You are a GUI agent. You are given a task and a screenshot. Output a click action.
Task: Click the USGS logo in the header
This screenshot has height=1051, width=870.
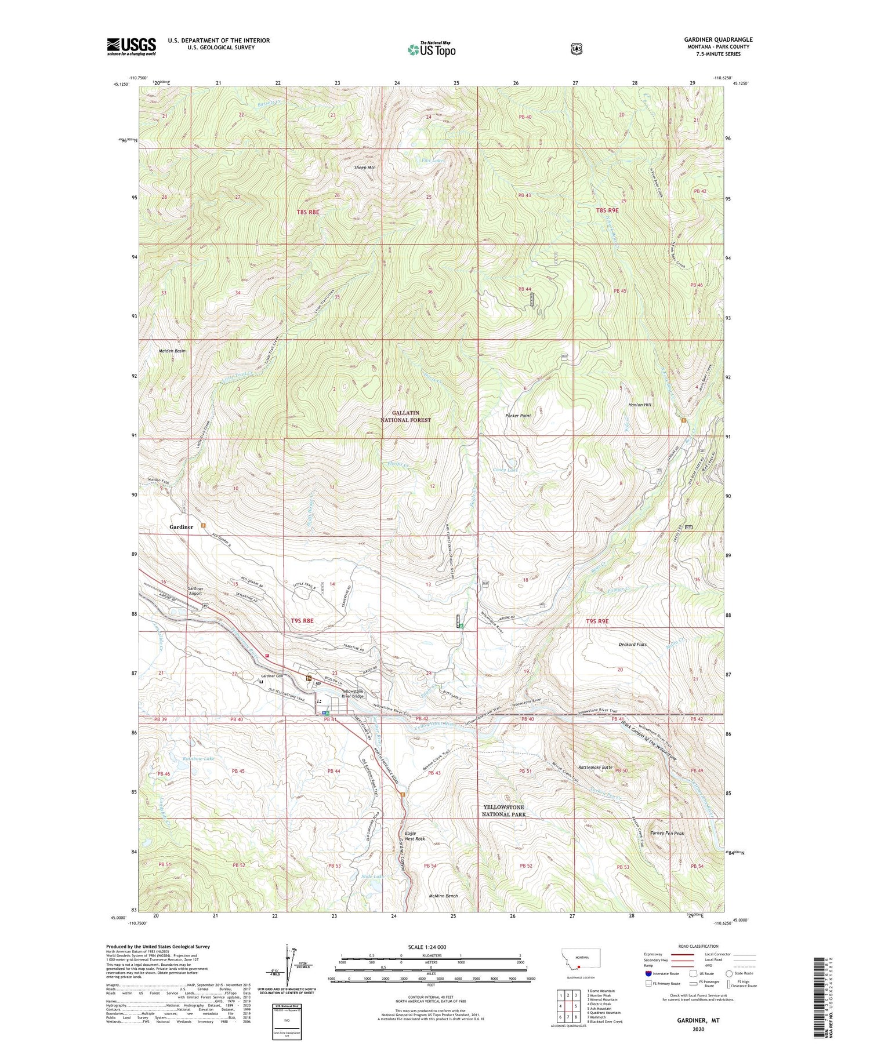pos(131,46)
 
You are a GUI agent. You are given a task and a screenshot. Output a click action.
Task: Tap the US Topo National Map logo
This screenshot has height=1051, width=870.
pos(432,49)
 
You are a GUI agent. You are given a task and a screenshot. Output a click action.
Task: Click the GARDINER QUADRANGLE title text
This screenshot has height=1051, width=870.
pos(717,39)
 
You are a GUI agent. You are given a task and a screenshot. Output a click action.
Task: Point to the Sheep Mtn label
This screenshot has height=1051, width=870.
pos(365,168)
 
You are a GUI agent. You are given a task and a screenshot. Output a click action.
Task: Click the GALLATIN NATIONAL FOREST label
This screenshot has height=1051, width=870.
pos(405,416)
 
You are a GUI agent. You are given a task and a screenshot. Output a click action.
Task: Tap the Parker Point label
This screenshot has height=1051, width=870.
pos(518,416)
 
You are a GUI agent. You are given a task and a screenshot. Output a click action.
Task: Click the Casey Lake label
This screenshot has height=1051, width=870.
pos(505,470)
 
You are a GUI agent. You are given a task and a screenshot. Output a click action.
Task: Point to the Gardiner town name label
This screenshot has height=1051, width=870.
pos(181,527)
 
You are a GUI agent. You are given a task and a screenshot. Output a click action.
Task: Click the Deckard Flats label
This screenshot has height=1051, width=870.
pos(632,644)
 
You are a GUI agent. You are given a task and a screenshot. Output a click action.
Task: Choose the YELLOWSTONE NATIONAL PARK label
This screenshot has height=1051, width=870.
pos(503,810)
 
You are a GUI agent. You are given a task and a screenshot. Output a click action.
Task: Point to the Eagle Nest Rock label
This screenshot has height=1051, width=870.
pos(415,836)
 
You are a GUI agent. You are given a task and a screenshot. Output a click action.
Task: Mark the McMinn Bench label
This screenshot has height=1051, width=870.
pos(443,896)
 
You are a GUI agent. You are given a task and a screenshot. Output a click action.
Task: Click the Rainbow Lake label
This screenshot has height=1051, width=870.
pos(199,758)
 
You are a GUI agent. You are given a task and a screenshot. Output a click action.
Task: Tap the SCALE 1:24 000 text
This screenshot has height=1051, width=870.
pos(431,947)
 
